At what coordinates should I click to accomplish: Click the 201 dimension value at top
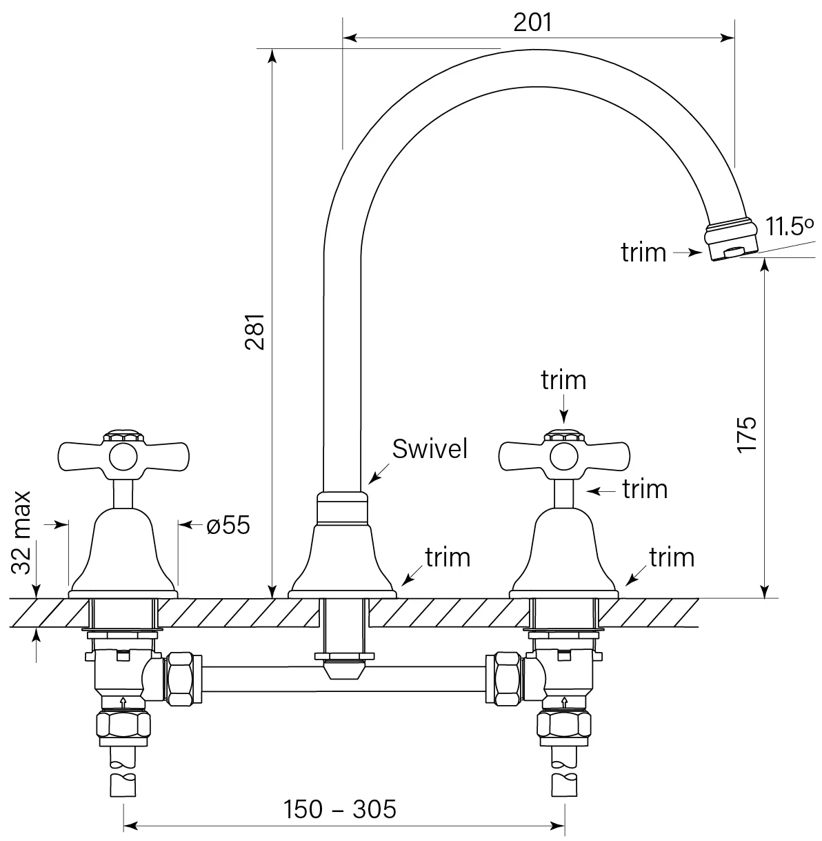533,22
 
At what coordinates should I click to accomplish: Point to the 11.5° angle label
789,226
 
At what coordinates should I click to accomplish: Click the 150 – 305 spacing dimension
340,808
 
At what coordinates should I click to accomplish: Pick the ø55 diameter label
228,526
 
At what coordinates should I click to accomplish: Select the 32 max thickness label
22,532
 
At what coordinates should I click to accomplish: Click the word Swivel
430,449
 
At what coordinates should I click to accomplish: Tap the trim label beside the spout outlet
643,253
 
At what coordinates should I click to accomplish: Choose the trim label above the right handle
563,380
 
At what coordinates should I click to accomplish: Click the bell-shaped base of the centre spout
342,559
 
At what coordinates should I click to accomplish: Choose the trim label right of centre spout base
448,557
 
